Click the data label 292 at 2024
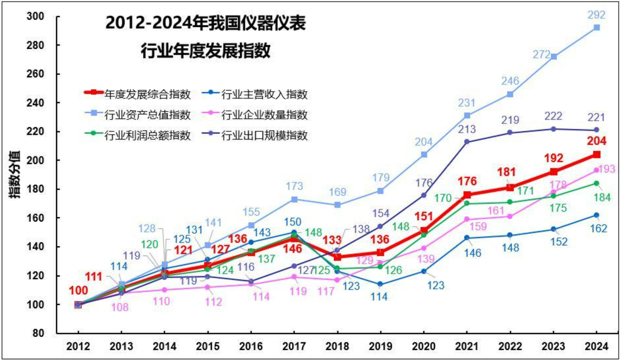pyautogui.click(x=597, y=15)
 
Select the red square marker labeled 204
pyautogui.click(x=597, y=155)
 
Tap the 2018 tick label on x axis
pyautogui.click(x=337, y=346)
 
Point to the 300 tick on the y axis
pyautogui.click(x=35, y=16)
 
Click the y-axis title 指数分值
pyautogui.click(x=15, y=174)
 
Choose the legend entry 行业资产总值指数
pyautogui.click(x=147, y=115)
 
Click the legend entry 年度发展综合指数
pyautogui.click(x=147, y=94)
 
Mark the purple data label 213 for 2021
pyautogui.click(x=466, y=129)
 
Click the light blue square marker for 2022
pyautogui.click(x=510, y=94)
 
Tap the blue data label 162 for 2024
pyautogui.click(x=598, y=228)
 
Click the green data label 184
pyautogui.click(x=602, y=198)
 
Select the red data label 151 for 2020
pyautogui.click(x=424, y=216)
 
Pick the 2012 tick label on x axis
pyautogui.click(x=78, y=346)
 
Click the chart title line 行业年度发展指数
pyautogui.click(x=206, y=51)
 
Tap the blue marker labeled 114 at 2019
pyautogui.click(x=380, y=284)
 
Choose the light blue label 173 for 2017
pyautogui.click(x=294, y=186)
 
